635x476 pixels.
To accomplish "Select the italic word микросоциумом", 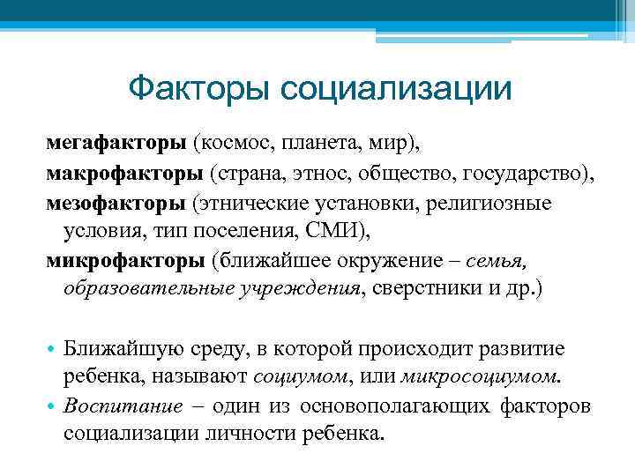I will (480, 376).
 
